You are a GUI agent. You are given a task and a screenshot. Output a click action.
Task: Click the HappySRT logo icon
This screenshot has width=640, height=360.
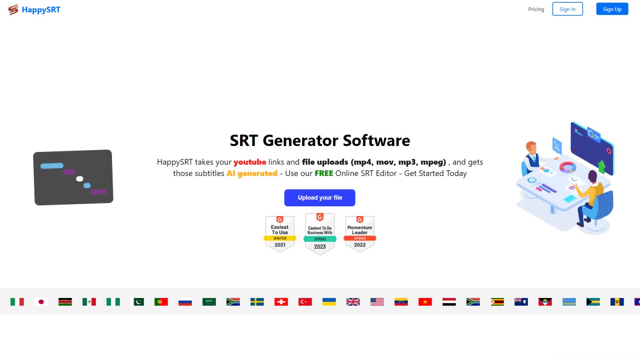(13, 10)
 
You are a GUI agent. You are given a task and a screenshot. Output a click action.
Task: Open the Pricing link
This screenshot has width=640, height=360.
(536, 9)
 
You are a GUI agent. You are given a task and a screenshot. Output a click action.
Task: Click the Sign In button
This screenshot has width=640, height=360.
(568, 9)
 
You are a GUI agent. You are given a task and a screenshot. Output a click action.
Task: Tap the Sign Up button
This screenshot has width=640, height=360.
(612, 9)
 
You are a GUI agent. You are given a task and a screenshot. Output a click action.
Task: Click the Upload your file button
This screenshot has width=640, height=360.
(320, 198)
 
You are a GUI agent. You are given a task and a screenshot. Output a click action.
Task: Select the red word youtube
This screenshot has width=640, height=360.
(250, 162)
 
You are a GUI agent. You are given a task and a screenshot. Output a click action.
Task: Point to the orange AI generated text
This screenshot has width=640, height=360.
(252, 174)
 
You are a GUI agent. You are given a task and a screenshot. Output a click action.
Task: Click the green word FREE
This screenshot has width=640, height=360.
(324, 174)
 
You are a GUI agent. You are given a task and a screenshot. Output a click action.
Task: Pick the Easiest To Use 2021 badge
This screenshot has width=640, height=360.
(280, 234)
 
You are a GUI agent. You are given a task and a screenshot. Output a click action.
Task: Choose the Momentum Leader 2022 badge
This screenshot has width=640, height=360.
(360, 234)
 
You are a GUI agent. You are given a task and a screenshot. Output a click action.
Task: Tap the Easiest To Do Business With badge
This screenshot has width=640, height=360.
(320, 234)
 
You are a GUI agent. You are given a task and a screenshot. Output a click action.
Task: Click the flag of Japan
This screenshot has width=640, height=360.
(41, 302)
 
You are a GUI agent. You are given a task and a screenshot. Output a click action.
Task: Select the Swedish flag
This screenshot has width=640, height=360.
(257, 302)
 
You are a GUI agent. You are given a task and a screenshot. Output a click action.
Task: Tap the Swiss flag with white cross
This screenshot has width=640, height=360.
(281, 302)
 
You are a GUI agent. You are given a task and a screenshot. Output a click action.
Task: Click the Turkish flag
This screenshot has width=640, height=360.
(305, 302)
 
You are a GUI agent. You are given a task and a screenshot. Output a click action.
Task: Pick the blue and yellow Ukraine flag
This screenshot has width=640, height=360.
(329, 302)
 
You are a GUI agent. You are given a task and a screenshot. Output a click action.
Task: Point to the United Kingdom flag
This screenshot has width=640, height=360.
(353, 302)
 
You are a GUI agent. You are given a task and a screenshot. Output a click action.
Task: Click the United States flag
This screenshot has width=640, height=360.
(377, 302)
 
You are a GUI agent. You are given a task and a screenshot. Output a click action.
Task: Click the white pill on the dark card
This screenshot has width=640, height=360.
(80, 179)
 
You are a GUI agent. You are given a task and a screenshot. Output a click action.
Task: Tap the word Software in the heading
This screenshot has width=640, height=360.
(376, 140)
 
